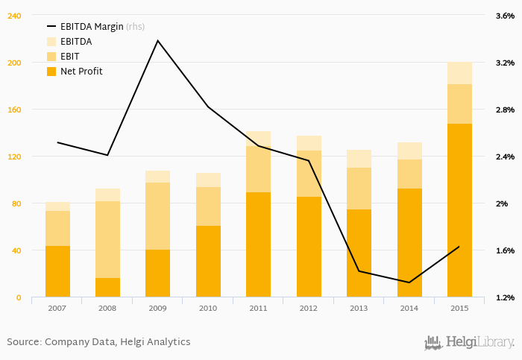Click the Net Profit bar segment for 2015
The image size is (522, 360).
tap(459, 210)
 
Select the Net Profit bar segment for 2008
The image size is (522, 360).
tap(107, 288)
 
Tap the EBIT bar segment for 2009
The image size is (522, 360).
tap(157, 216)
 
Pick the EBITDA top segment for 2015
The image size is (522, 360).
tap(459, 73)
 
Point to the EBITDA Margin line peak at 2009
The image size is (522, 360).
tap(157, 40)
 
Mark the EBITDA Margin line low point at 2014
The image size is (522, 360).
tap(409, 282)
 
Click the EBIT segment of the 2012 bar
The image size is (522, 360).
tap(309, 174)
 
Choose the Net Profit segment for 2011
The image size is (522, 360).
tap(258, 244)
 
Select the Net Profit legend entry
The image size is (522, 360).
tap(81, 72)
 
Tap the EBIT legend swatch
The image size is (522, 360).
tap(51, 57)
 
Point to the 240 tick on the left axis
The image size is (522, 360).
tap(15, 16)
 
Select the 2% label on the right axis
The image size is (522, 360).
tap(502, 203)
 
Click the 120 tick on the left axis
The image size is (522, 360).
tap(15, 157)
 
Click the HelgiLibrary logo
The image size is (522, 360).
tap(469, 342)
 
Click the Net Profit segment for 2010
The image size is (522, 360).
tap(208, 261)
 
